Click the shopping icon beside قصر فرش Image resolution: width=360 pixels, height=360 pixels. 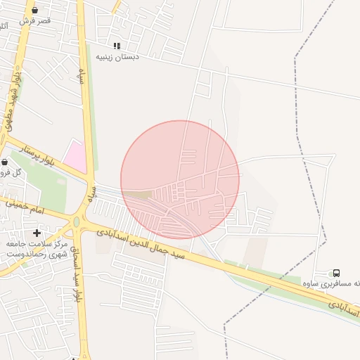[x=35, y=10]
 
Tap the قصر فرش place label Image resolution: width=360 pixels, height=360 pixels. [x=35, y=21]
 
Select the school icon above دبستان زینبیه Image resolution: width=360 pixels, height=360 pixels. [x=117, y=46]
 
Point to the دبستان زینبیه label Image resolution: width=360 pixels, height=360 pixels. [x=117, y=56]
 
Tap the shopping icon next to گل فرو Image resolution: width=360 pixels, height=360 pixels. [x=4, y=162]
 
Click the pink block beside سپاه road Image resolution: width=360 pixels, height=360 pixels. [x=75, y=155]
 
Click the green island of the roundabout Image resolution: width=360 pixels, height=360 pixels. [x=76, y=222]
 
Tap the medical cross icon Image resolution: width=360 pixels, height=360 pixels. [x=37, y=233]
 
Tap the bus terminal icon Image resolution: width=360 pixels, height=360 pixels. [x=336, y=273]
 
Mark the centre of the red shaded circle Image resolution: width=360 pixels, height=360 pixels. [x=180, y=179]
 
